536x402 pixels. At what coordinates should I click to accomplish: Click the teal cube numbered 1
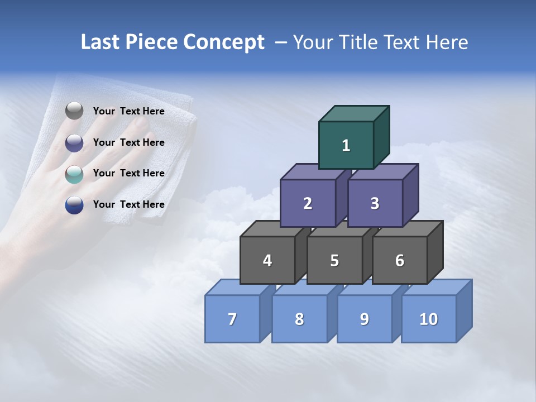[346, 145]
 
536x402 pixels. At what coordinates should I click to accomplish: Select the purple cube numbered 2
[308, 203]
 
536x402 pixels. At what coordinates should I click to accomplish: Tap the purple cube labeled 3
[375, 203]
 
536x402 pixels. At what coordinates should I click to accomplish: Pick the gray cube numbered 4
[267, 260]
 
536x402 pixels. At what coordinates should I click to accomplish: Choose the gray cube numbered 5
[334, 260]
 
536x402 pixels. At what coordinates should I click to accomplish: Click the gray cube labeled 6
[400, 260]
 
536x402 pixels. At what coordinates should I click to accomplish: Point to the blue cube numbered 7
[232, 319]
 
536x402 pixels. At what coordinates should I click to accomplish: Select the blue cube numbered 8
[299, 319]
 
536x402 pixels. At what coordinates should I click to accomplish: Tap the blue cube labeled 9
[364, 319]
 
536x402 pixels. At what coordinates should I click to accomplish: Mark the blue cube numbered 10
[429, 319]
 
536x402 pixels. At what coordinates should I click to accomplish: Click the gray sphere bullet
[74, 111]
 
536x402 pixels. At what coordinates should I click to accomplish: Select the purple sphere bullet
[74, 143]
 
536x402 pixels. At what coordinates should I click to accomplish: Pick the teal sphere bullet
[74, 174]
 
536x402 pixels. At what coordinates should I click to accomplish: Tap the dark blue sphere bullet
[74, 205]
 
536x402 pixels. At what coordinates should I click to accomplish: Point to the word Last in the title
[101, 42]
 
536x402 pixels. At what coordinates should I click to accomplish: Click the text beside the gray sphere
[129, 111]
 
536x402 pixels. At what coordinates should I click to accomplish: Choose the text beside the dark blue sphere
[129, 204]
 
